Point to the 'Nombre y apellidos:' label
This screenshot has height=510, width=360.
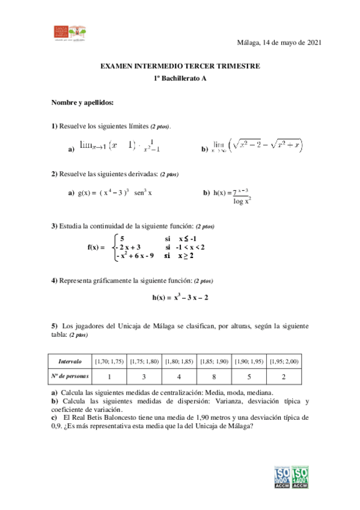click(x=82, y=103)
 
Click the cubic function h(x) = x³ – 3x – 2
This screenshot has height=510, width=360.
click(x=180, y=297)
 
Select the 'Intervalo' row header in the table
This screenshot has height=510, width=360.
click(x=70, y=361)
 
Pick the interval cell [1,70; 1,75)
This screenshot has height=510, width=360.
click(x=109, y=361)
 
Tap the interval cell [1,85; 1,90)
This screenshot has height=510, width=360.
click(x=214, y=361)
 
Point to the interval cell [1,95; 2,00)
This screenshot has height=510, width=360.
click(x=284, y=361)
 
